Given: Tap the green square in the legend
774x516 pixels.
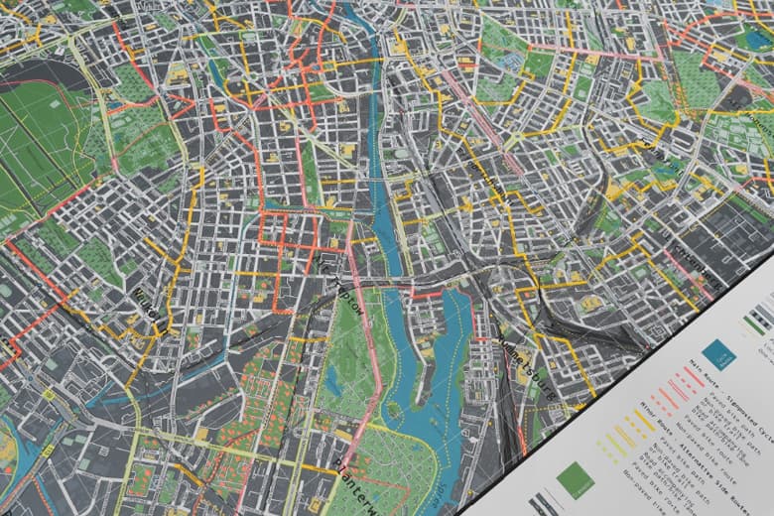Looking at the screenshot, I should pyautogui.click(x=576, y=479).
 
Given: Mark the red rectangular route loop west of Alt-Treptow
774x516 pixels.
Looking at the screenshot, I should pyautogui.click(x=288, y=228).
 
